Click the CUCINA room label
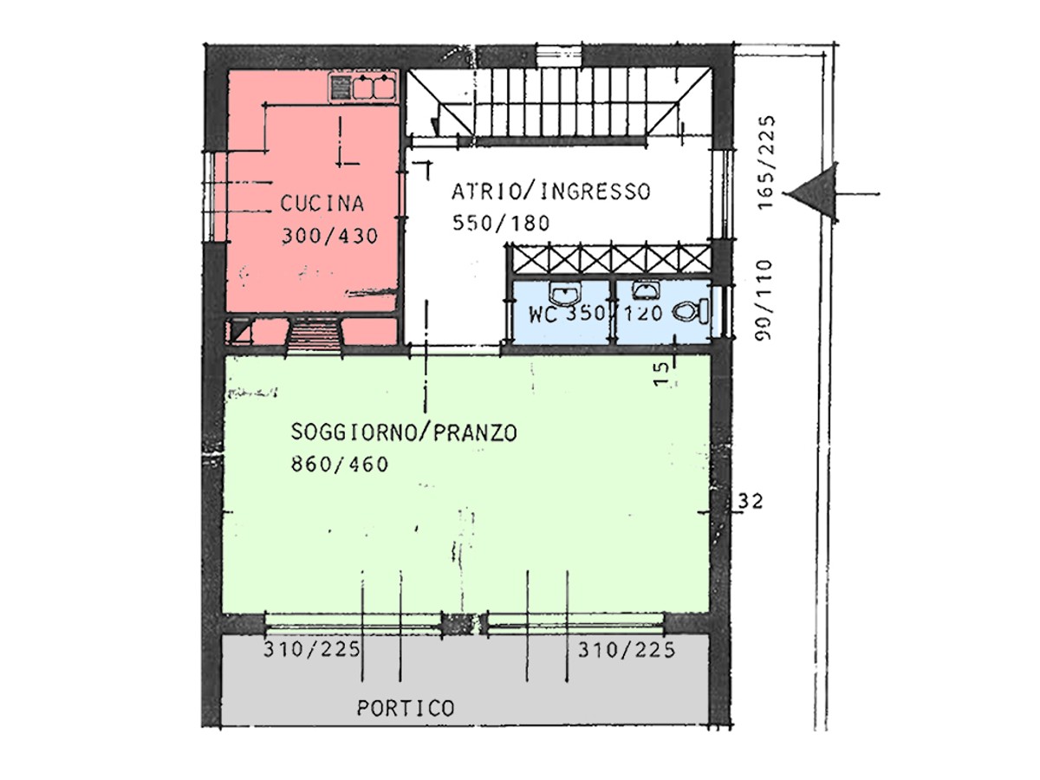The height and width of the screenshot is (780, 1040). point(322,204)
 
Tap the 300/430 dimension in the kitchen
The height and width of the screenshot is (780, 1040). point(330,236)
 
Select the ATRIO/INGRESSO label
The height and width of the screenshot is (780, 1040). point(550,192)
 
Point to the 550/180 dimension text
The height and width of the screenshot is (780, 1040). point(501,223)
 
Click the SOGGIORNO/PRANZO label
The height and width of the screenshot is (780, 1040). point(404,432)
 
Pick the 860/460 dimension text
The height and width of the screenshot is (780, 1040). point(339,465)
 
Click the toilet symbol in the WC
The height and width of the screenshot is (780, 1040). point(691,311)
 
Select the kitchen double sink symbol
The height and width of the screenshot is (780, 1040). point(374,88)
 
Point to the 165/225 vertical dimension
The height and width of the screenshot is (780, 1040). point(765,162)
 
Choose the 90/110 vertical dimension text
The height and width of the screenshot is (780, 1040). point(764,299)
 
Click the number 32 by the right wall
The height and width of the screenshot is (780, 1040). point(750,502)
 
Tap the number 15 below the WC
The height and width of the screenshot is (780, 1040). point(662,374)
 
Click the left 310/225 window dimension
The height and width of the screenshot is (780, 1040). point(312,650)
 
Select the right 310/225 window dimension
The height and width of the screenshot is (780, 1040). point(627,650)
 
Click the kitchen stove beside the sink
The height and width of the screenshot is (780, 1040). point(341,88)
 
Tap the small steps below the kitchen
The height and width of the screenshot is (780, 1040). point(315,334)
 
